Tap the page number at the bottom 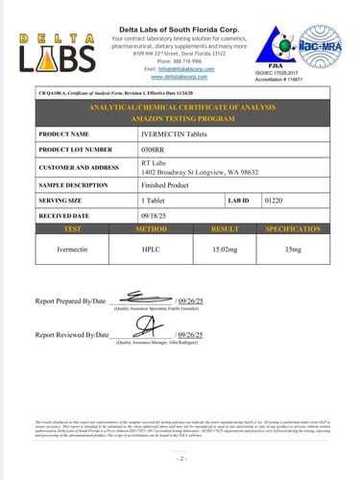click(x=180, y=461)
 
